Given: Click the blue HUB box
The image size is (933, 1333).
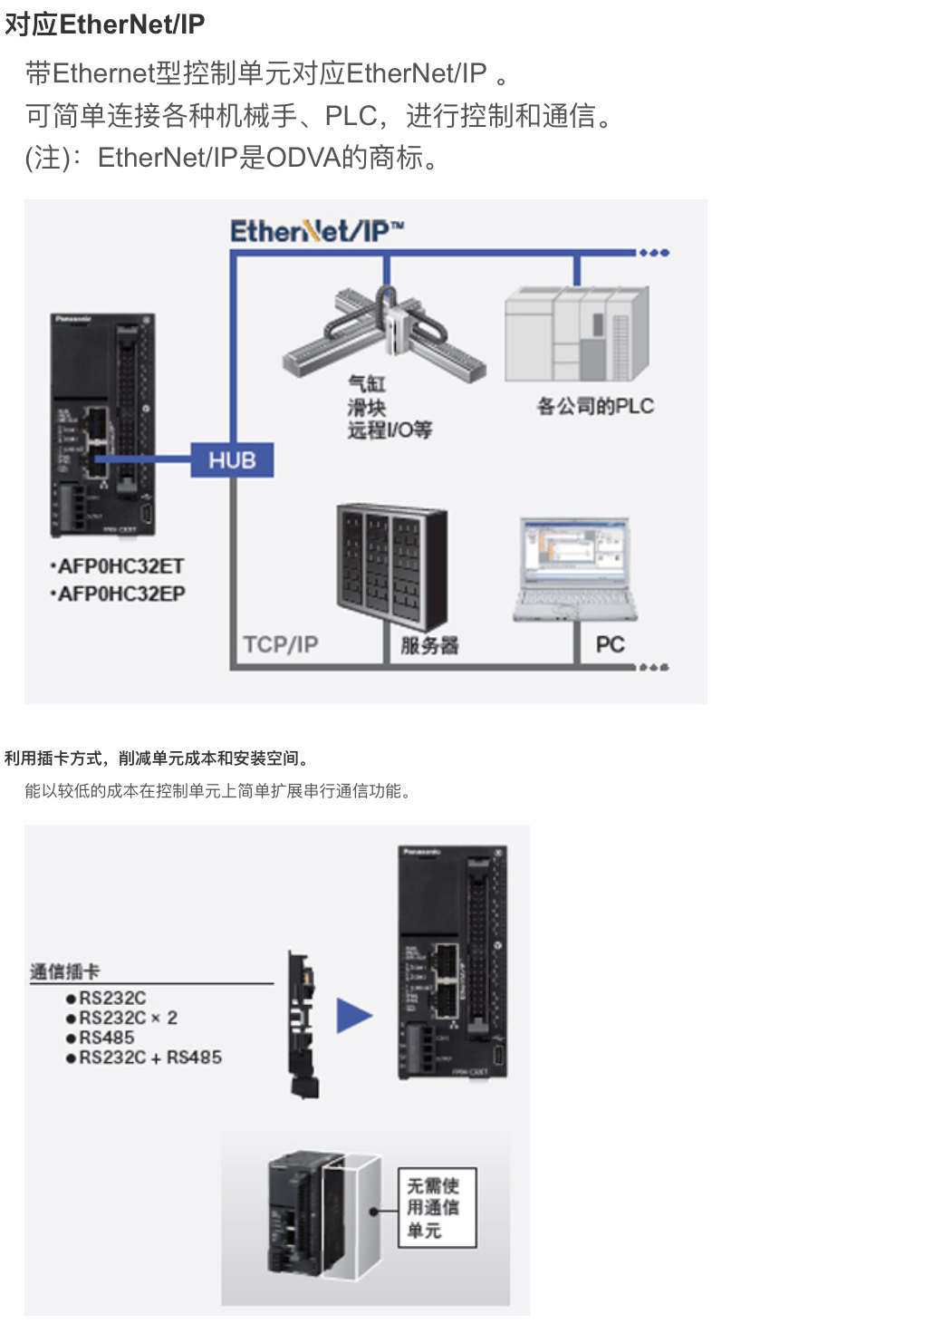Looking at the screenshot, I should click(x=232, y=460).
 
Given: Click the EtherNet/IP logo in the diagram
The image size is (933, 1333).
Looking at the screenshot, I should click(x=316, y=231).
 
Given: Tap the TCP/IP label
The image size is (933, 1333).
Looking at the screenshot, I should click(x=281, y=644).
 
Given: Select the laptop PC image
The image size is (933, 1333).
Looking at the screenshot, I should click(x=574, y=569).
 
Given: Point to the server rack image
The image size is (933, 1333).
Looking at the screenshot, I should click(x=391, y=567).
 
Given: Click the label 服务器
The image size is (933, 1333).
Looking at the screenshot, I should click(x=429, y=645).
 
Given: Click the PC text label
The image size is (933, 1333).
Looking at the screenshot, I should click(x=610, y=644).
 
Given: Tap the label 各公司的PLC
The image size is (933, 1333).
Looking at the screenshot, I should click(x=595, y=406).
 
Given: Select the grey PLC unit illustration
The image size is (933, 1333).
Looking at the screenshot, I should click(x=577, y=333).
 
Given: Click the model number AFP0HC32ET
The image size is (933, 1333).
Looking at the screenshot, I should click(x=120, y=566).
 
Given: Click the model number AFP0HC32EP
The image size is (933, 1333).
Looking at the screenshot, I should click(x=121, y=594).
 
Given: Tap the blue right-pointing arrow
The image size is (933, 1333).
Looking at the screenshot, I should click(x=354, y=1016).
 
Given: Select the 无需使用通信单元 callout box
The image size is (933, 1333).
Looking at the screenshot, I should click(x=437, y=1208).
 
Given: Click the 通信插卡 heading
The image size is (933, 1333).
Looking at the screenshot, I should click(x=65, y=971).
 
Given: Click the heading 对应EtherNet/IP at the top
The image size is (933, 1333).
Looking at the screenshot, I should click(x=105, y=24).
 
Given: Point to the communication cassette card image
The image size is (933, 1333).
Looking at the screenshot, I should click(x=303, y=1024).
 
